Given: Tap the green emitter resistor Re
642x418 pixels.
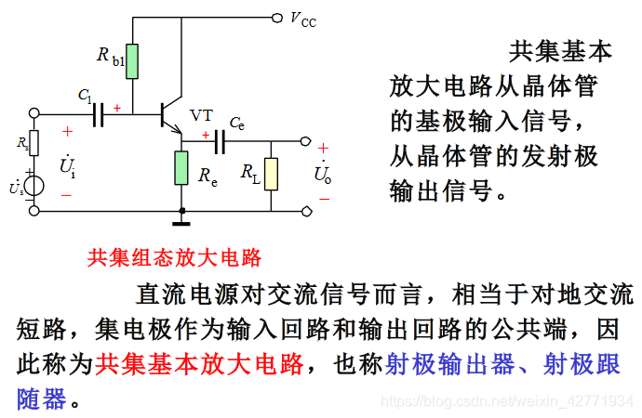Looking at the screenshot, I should tap(181, 167).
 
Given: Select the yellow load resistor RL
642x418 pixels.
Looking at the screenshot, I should tap(270, 174).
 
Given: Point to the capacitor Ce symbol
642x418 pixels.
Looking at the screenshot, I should tap(221, 142).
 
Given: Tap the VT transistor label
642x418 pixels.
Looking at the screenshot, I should tap(201, 116).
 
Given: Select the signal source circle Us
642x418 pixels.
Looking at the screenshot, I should tap(34, 185).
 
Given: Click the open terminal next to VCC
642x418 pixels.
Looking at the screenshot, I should tap(276, 17).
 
